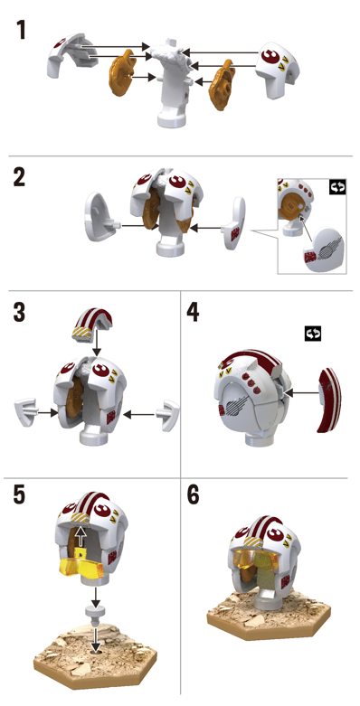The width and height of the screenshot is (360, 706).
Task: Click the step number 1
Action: [x=20, y=30]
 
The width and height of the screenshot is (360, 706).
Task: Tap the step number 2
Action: [x=19, y=177]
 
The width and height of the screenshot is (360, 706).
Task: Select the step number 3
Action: [x=19, y=313]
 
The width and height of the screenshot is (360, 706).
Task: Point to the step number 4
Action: [x=193, y=313]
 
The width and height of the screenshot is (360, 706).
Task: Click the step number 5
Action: [x=19, y=494]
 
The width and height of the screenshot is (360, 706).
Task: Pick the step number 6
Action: [x=193, y=494]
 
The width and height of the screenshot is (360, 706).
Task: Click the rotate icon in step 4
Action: [x=313, y=334]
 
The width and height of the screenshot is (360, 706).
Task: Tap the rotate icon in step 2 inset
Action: [x=337, y=187]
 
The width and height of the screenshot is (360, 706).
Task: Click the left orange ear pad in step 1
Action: [x=122, y=73]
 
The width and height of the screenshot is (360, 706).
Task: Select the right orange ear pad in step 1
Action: [x=222, y=87]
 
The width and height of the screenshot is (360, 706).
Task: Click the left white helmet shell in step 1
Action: [x=73, y=55]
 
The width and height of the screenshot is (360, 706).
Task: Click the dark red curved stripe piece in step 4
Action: [x=329, y=400]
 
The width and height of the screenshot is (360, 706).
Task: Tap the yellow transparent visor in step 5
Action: [x=81, y=565]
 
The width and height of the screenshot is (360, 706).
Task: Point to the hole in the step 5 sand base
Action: [x=96, y=650]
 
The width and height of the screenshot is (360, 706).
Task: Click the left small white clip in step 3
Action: [x=26, y=410]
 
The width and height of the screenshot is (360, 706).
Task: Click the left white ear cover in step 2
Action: [x=100, y=217]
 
